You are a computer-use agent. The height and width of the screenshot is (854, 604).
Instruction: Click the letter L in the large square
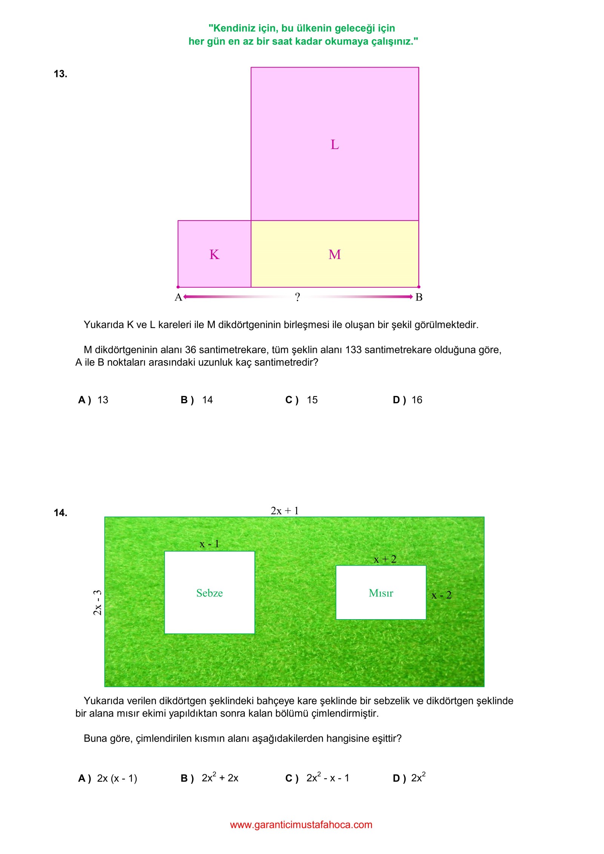[334, 145]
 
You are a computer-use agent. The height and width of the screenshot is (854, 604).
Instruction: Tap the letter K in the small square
[214, 254]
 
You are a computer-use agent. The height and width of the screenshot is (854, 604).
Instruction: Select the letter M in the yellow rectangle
[334, 254]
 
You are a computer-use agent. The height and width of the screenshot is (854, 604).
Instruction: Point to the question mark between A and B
[297, 297]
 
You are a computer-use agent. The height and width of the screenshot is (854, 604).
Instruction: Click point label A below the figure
[178, 298]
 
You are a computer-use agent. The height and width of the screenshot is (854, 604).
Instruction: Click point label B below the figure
[419, 298]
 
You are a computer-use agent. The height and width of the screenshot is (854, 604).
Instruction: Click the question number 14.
[60, 513]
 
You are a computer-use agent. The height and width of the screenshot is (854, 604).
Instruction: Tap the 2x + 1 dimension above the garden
[285, 511]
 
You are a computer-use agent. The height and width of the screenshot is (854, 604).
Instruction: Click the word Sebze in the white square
[210, 593]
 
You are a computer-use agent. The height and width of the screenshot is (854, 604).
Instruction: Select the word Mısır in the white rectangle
[381, 593]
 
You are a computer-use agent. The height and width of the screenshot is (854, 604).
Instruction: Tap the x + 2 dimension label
[385, 559]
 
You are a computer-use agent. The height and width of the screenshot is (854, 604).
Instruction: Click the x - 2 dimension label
[441, 595]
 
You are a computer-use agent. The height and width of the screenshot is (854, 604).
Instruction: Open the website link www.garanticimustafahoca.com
[301, 825]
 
